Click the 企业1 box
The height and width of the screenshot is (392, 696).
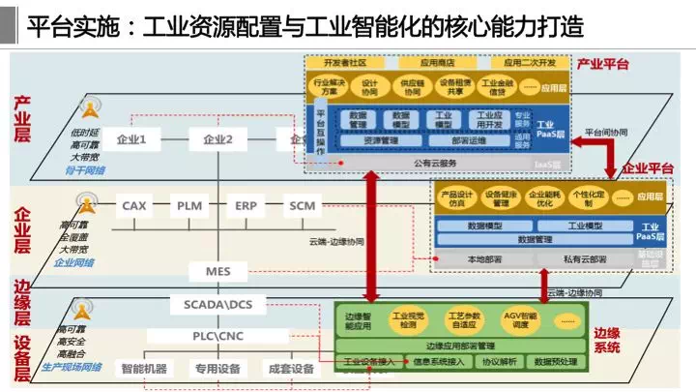(130, 140)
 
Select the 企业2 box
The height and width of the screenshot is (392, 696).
(217, 140)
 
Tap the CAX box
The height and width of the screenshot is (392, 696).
(133, 205)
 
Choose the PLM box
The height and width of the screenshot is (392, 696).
(188, 205)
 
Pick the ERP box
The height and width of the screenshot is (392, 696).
(245, 205)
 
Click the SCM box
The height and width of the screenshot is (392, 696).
(302, 205)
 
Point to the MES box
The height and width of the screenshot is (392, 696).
(217, 271)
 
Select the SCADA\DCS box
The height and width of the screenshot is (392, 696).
(217, 305)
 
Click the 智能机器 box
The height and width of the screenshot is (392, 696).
(143, 369)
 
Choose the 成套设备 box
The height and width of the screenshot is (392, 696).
(291, 369)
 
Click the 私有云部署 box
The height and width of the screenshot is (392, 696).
(584, 258)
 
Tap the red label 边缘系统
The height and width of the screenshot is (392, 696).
(607, 340)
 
